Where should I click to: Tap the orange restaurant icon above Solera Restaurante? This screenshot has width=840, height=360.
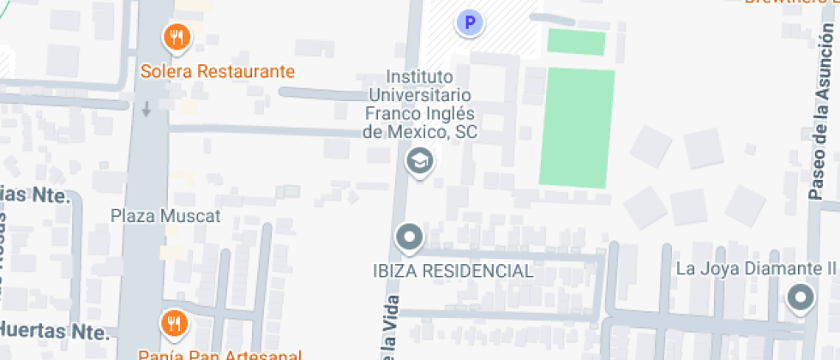[177, 36]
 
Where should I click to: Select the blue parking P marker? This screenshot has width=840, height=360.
[469, 22]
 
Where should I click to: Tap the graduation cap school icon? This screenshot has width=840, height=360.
[419, 159]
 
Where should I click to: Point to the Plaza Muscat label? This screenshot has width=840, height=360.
[165, 215]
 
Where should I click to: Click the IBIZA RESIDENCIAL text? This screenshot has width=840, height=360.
[453, 271]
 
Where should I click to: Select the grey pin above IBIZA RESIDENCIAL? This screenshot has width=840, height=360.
[409, 237]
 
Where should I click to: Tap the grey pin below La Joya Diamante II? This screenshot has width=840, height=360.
[801, 297]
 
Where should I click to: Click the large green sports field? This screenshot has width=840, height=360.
[577, 127]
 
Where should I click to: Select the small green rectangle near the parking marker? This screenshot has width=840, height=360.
[576, 42]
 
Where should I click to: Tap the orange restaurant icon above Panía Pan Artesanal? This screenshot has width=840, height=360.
[175, 322]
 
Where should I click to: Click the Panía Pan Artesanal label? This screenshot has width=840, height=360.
[220, 354]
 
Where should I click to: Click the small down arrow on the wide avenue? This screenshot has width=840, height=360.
[147, 110]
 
